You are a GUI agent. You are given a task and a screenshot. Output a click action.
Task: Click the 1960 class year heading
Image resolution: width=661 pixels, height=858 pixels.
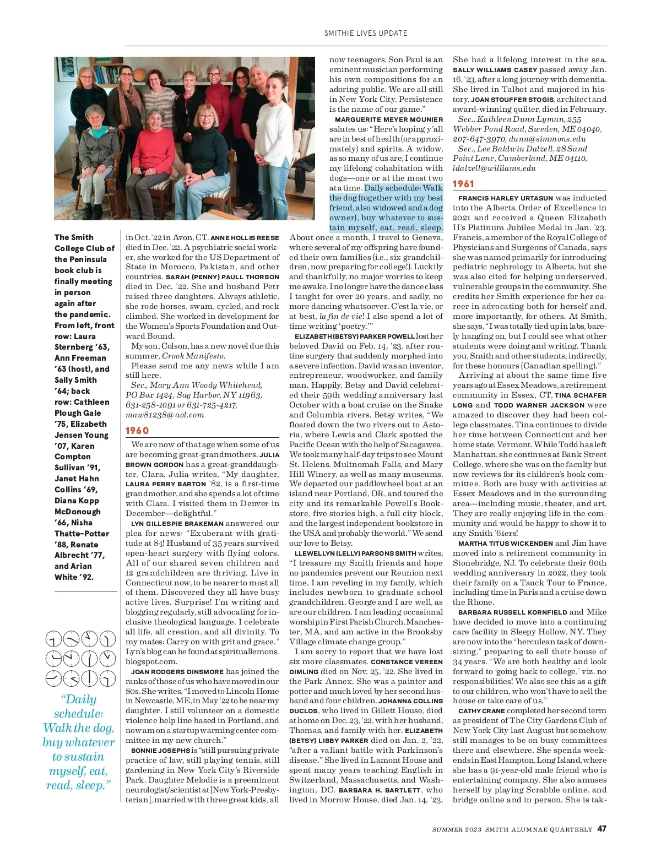pyautogui.click(x=137, y=431)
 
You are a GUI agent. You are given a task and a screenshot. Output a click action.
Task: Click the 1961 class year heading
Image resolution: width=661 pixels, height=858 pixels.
pyautogui.click(x=463, y=184)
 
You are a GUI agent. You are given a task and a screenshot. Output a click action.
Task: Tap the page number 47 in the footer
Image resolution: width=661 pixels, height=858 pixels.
pyautogui.click(x=602, y=828)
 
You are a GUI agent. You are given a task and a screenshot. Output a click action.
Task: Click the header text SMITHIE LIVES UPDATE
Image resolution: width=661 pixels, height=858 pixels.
pyautogui.click(x=366, y=33)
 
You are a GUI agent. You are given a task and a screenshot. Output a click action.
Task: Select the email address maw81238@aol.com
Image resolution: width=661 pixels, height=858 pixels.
pyautogui.click(x=165, y=415)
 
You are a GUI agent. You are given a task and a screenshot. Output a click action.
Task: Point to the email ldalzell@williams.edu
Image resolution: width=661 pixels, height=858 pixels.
pyautogui.click(x=494, y=168)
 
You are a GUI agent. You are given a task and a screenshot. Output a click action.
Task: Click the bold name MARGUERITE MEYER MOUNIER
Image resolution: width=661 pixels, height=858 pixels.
pyautogui.click(x=389, y=120)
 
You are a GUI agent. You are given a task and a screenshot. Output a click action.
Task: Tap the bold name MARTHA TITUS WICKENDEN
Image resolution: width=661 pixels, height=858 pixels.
pyautogui.click(x=505, y=544)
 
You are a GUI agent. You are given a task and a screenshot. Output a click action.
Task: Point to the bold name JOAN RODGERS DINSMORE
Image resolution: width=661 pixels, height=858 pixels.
pyautogui.click(x=177, y=672)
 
